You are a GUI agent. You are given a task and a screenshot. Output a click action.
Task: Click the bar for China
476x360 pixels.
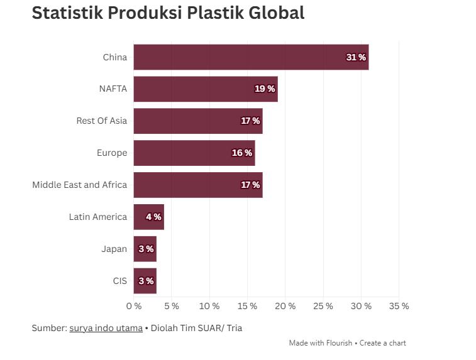239,57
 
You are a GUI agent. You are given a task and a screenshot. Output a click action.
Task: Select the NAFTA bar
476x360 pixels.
195,89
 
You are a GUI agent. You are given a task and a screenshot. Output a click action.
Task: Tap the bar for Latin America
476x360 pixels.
140,217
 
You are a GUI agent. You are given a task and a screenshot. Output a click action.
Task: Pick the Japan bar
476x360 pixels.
137,249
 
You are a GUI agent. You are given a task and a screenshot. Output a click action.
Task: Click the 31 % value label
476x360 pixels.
356,57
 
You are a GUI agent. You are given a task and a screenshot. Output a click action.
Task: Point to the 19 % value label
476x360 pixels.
265,89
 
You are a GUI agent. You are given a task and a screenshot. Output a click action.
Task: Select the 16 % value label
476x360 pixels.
242,153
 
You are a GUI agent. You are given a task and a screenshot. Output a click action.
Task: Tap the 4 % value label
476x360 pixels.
153,217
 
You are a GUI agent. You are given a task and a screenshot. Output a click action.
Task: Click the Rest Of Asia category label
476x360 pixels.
101,121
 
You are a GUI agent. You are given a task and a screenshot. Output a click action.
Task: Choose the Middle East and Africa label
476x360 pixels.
79,185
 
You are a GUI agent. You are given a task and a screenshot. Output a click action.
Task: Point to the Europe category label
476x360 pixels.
112,153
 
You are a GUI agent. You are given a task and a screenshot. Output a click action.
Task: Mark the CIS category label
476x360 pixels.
120,281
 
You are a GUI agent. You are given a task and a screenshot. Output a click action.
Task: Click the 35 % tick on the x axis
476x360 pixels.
399,306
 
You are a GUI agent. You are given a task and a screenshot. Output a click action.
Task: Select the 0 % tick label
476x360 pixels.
134,306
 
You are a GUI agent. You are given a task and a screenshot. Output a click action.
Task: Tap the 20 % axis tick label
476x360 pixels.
285,306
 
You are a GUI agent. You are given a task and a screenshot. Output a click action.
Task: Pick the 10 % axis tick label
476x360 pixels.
209,306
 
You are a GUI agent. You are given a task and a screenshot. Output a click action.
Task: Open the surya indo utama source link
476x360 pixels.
106,328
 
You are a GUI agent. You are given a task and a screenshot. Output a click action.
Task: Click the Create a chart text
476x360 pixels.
382,343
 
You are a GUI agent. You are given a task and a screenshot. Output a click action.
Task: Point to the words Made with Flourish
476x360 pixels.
321,343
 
